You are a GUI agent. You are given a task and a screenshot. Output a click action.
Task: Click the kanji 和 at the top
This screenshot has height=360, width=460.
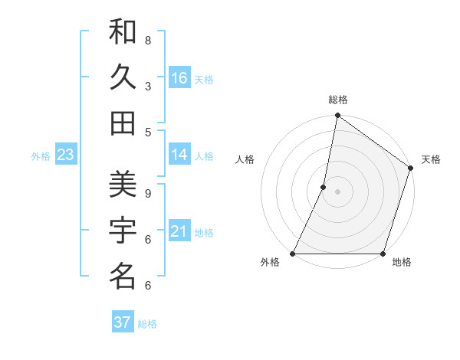tap(123, 33)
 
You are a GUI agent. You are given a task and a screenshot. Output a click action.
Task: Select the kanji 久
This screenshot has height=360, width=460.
tap(123, 77)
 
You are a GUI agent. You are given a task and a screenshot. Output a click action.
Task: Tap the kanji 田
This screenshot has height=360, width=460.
tap(123, 123)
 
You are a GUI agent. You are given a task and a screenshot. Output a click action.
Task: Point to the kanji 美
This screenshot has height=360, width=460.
tap(123, 183)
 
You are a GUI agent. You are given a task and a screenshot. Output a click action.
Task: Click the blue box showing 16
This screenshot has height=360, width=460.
tap(179, 78)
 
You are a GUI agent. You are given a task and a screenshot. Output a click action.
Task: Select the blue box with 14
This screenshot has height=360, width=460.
tap(179, 155)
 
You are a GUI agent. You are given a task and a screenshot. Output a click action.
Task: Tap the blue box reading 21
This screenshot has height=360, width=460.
tap(179, 231)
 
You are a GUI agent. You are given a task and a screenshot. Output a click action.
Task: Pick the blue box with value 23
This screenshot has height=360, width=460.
tap(65, 155)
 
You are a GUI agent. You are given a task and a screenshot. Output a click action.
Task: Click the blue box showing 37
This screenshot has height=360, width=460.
tap(123, 322)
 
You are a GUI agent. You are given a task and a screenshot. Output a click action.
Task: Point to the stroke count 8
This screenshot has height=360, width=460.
tap(148, 41)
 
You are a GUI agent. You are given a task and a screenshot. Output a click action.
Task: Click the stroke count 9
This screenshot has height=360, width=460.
tap(148, 193)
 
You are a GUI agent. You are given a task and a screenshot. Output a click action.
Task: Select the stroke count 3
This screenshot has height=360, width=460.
tap(148, 86)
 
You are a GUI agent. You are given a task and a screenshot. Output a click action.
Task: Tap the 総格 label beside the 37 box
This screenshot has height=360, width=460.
tap(147, 324)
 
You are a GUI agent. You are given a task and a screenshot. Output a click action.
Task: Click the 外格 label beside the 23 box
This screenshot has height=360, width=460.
tap(41, 156)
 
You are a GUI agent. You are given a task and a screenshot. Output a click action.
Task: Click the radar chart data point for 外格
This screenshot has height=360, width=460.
tap(293, 254)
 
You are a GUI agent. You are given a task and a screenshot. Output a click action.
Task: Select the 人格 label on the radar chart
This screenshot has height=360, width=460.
tap(245, 159)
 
